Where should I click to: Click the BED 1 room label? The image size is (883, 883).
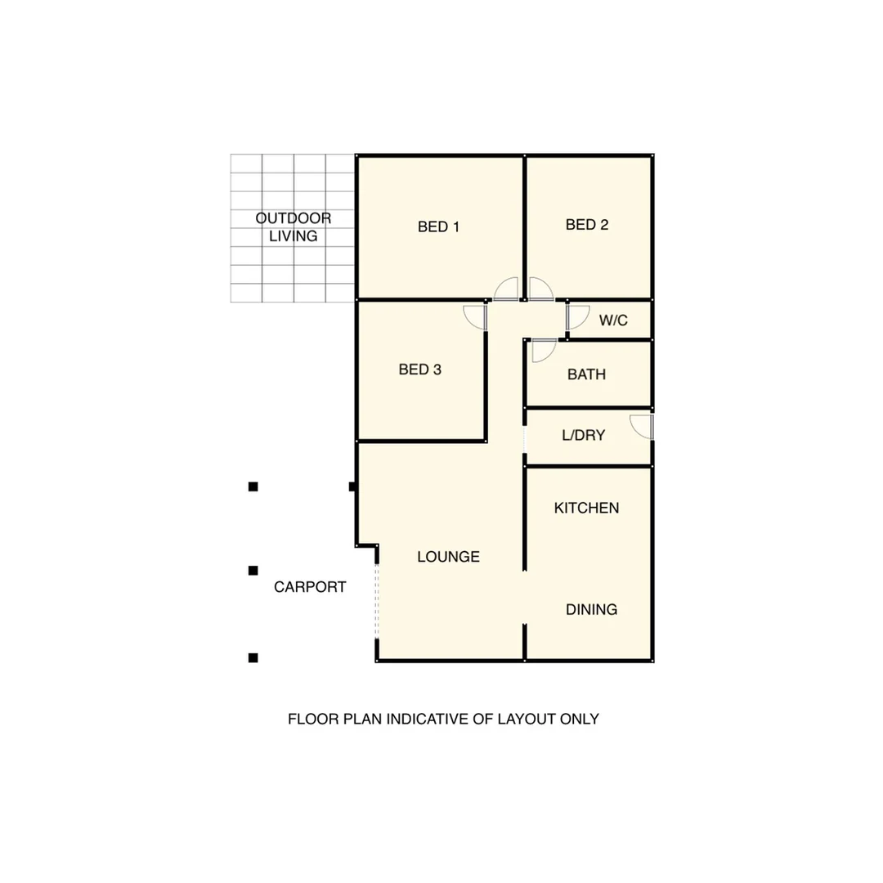click(x=438, y=226)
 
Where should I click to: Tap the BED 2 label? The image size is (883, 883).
click(x=587, y=224)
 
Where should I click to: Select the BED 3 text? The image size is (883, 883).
click(x=420, y=370)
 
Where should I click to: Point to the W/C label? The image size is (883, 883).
click(x=613, y=320)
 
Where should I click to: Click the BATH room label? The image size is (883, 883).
click(x=587, y=375)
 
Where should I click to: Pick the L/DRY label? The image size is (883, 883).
click(x=584, y=436)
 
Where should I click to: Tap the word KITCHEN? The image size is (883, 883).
click(x=587, y=508)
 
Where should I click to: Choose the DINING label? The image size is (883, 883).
click(x=592, y=609)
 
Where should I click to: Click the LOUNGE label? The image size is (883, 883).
click(x=448, y=557)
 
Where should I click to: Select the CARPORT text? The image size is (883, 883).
click(x=310, y=586)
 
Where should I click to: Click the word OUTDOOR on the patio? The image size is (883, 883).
click(x=294, y=218)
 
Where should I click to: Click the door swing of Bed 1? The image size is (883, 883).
click(x=507, y=289)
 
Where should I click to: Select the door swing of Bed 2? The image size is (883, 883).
click(x=540, y=289)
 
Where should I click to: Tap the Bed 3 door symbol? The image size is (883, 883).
click(x=476, y=317)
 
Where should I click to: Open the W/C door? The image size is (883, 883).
click(x=577, y=317)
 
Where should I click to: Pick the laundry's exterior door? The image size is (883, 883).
click(x=642, y=427)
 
